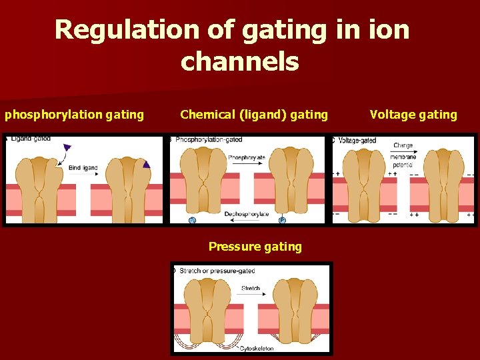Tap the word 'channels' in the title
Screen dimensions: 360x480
(239, 62)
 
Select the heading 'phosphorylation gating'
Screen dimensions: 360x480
(74, 115)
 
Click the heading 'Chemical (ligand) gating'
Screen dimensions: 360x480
(254, 115)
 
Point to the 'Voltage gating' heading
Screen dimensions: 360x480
(413, 115)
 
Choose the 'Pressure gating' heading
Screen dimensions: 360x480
(255, 247)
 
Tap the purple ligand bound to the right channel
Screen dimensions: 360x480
(146, 164)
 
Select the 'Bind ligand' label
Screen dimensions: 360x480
(83, 168)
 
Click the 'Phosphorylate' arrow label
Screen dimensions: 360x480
(246, 157)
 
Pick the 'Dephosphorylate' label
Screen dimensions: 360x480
(246, 214)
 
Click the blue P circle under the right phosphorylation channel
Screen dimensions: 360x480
(281, 219)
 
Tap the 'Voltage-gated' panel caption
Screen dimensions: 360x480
(357, 141)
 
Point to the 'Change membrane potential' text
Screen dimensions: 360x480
(404, 154)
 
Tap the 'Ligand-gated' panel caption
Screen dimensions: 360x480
(30, 139)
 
